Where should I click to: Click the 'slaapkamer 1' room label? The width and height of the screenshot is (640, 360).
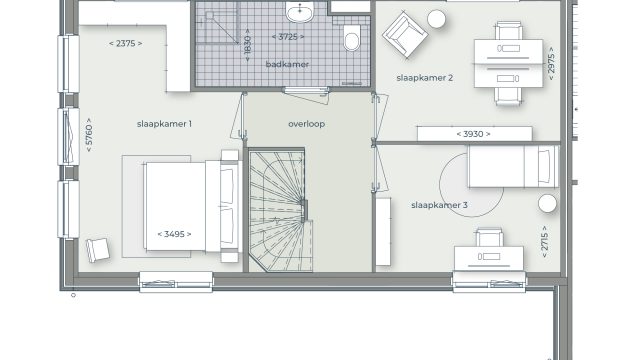pyautogui.click(x=164, y=124)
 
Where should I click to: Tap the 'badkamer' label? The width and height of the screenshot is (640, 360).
pyautogui.click(x=287, y=64)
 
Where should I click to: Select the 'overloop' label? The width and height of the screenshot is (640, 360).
pyautogui.click(x=307, y=124)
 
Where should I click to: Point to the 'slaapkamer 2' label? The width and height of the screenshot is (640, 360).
pyautogui.click(x=424, y=78)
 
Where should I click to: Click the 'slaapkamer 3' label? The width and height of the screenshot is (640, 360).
pyautogui.click(x=439, y=205)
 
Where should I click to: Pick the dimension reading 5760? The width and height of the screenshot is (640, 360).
pyautogui.click(x=89, y=135)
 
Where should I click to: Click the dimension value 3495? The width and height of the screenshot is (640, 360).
pyautogui.click(x=174, y=234)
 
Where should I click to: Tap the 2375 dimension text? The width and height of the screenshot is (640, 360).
pyautogui.click(x=126, y=43)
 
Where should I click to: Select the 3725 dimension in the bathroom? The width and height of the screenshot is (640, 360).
pyautogui.click(x=288, y=37)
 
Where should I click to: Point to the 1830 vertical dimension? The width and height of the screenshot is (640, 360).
pyautogui.click(x=247, y=45)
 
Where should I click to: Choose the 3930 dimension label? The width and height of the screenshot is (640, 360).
pyautogui.click(x=473, y=134)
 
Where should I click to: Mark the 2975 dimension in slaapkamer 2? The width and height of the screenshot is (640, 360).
pyautogui.click(x=551, y=63)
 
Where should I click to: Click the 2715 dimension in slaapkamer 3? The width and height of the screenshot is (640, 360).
pyautogui.click(x=544, y=242)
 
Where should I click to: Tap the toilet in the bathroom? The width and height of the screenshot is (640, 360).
pyautogui.click(x=352, y=38)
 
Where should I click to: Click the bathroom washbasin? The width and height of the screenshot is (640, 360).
pyautogui.click(x=300, y=11)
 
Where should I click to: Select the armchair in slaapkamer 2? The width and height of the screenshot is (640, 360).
pyautogui.click(x=405, y=35)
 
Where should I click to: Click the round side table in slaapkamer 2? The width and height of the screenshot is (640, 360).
pyautogui.click(x=436, y=19)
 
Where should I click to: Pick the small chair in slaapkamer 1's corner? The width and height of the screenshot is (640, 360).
pyautogui.click(x=98, y=250)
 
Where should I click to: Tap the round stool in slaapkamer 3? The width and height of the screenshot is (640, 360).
pyautogui.click(x=547, y=203)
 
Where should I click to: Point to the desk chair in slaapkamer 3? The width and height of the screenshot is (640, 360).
pyautogui.click(x=489, y=238)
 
